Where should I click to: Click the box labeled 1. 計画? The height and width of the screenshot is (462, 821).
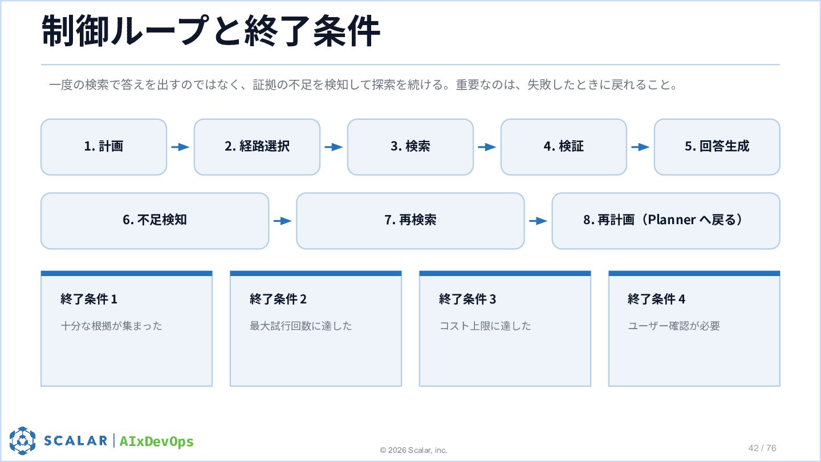pos(104,147)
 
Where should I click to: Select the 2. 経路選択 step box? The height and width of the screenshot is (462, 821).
pos(257,147)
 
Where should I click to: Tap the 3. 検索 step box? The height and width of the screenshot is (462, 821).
pos(410,147)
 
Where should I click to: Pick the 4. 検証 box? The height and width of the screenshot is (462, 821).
pos(564,147)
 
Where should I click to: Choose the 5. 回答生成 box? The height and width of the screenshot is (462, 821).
pos(717,147)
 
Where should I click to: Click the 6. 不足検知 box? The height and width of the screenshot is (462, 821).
pos(155,221)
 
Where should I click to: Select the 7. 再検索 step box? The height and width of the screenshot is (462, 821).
pos(410,221)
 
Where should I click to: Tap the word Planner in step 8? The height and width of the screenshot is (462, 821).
pos(672,220)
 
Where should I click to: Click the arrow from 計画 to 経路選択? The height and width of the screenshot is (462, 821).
pos(180,147)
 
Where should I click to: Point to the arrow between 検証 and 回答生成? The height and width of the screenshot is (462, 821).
pos(640,147)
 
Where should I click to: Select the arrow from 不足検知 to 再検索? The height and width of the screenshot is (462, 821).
pos(283,221)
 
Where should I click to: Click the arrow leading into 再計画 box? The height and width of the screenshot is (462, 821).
pos(538,221)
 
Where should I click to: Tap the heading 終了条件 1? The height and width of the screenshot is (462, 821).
pos(89,299)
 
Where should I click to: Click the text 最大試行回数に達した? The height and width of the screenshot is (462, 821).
pos(301,326)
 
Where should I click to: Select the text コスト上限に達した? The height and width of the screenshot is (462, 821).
pos(485,326)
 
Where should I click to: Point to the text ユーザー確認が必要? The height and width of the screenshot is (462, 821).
pos(674,326)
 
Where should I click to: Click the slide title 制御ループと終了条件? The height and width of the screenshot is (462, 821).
pos(211,31)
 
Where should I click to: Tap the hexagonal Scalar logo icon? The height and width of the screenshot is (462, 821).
pos(22,440)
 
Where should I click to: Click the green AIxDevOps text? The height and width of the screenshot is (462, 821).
pos(156,441)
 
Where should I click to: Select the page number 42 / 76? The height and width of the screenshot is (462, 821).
pos(762,448)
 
